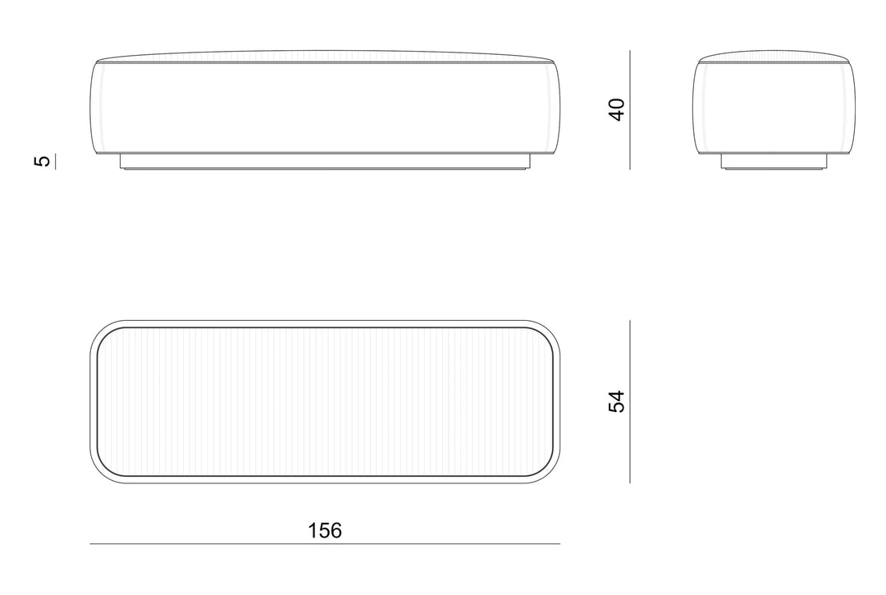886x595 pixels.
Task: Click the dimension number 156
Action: (x=325, y=531)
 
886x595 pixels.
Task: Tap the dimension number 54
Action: (x=617, y=401)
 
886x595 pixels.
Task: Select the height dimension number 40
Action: (x=617, y=110)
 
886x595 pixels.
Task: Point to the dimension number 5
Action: (x=43, y=161)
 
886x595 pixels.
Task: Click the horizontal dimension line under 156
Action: (x=325, y=544)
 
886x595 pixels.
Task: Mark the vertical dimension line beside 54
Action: (x=630, y=402)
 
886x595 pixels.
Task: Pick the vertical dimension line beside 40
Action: (x=630, y=110)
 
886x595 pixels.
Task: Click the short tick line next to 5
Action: (x=56, y=161)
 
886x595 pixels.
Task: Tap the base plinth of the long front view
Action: (x=325, y=162)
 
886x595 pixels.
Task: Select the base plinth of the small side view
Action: (x=774, y=162)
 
